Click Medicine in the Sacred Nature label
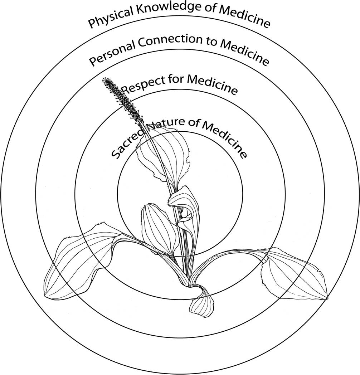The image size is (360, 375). tap(225, 138)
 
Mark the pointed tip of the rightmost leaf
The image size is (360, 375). tap(327, 298)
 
